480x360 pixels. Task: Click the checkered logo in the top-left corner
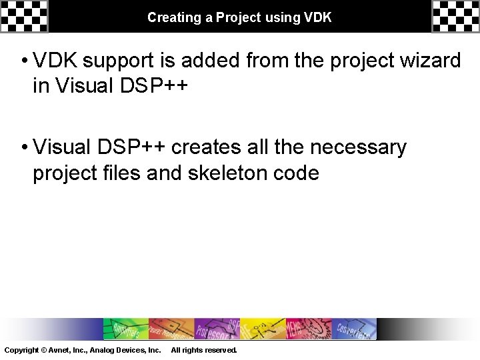tap(24, 16)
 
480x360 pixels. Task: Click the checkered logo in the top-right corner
tap(455, 16)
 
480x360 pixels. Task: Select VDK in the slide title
tap(317, 17)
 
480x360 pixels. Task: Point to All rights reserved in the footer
tap(203, 350)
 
